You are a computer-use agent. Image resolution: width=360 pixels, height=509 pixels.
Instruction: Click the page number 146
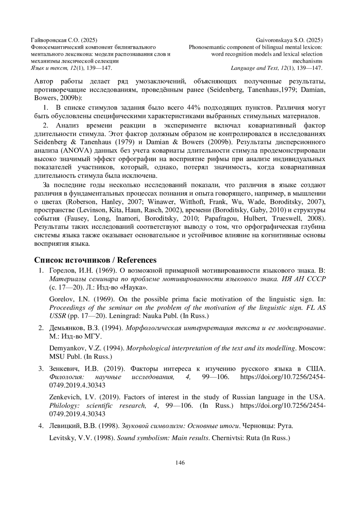pos(180,462)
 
